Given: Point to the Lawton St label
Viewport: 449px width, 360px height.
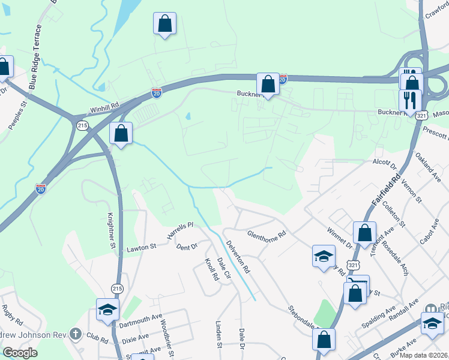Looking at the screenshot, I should coord(141,246).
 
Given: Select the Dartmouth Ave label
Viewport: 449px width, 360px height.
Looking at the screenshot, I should coord(140,323).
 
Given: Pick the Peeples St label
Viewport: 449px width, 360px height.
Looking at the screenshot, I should coord(19,112).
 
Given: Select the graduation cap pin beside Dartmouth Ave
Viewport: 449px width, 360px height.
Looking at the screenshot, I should coord(108,309).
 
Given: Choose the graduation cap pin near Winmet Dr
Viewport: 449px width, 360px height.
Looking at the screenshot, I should coord(324,256).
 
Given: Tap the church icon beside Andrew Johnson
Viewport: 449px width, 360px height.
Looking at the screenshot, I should coord(76,333).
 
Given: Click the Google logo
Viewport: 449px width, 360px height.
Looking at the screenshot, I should coord(19,353).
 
